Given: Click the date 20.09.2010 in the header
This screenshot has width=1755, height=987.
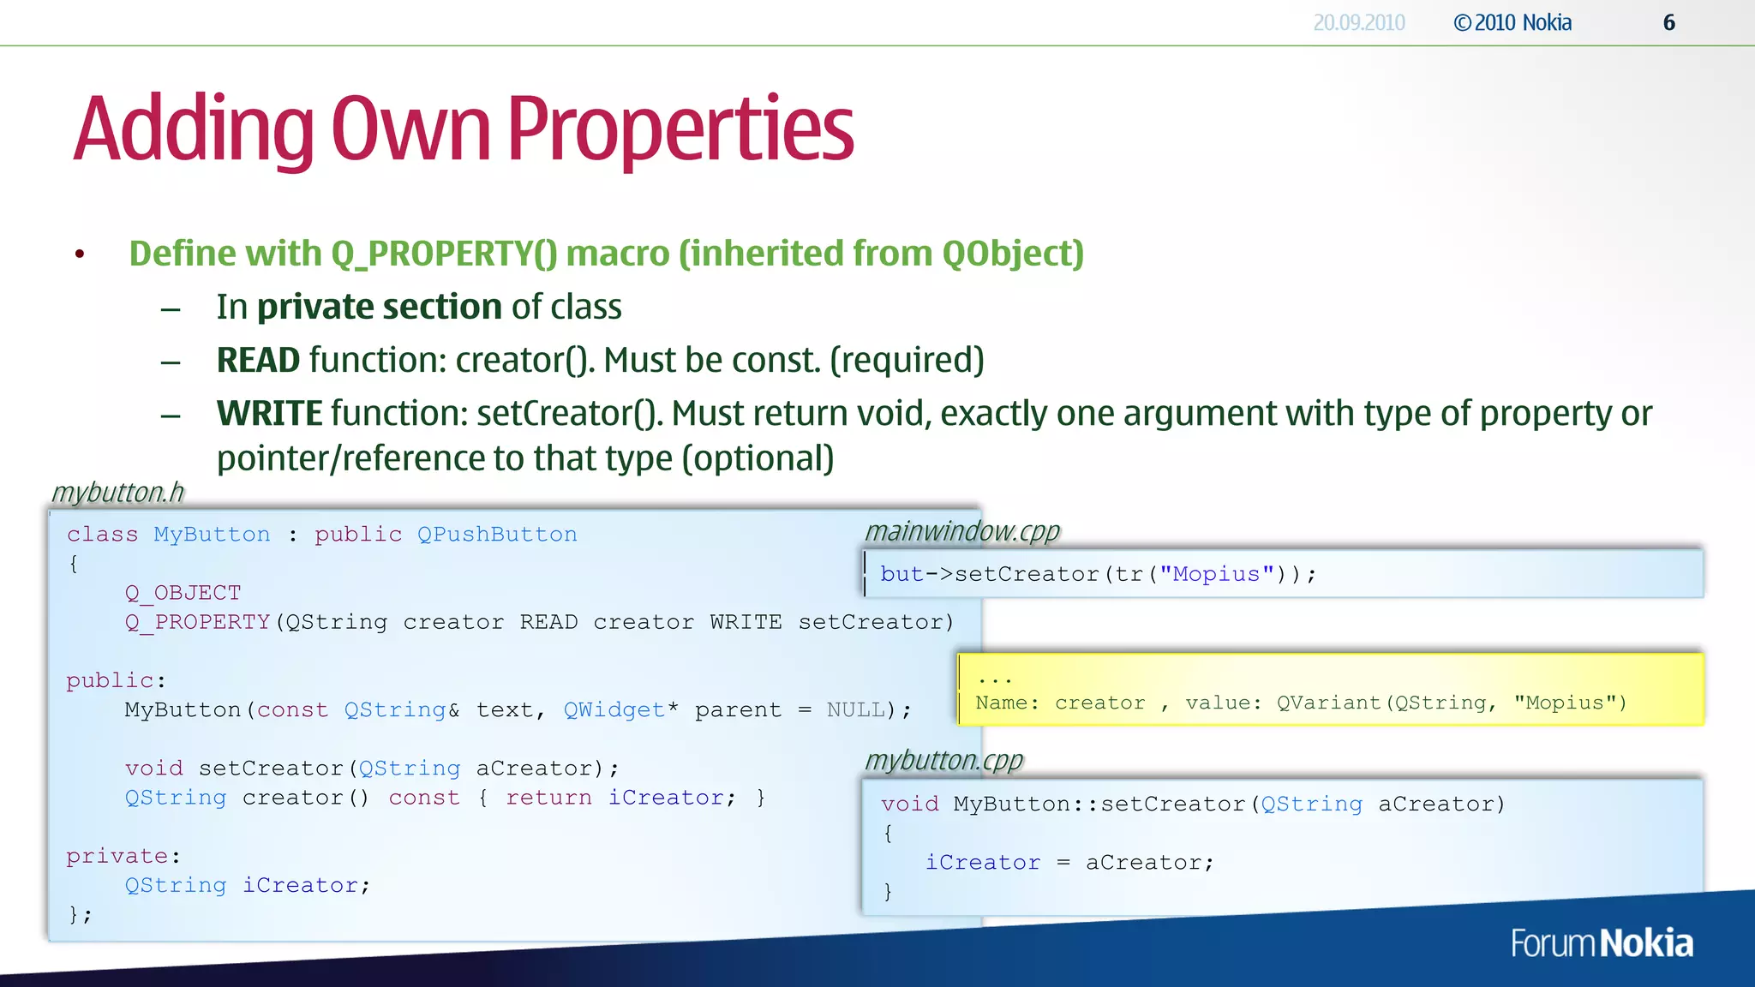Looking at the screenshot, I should click(1358, 23).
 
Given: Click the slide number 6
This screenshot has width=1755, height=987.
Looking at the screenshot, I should click(1668, 23).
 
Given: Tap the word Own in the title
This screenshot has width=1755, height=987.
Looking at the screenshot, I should click(410, 129).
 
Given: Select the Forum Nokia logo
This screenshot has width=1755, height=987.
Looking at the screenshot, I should click(1601, 943).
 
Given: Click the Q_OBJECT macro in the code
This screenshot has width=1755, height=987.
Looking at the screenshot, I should click(183, 593).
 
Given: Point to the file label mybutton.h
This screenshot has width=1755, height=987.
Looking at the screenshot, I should click(117, 493).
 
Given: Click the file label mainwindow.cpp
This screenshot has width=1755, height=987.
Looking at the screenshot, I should click(961, 532).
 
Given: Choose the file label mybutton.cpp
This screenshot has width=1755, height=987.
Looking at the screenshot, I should click(943, 761).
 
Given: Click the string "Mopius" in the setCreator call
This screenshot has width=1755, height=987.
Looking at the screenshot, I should click(1216, 574).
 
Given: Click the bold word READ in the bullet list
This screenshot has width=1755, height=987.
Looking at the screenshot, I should click(257, 361).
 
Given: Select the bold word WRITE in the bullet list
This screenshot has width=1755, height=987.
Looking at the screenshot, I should click(269, 414).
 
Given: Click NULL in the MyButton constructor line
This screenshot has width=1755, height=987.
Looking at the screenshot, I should click(854, 710).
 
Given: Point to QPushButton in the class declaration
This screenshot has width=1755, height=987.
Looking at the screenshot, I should click(497, 535).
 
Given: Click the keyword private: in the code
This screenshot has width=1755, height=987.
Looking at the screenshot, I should click(123, 856).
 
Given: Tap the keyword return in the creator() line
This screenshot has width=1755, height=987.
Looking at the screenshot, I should click(548, 798).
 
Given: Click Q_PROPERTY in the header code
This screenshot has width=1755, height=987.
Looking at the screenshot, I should click(197, 622).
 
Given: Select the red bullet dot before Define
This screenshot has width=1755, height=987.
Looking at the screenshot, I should click(80, 254).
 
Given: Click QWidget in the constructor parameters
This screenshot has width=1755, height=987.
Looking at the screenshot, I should click(614, 710).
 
